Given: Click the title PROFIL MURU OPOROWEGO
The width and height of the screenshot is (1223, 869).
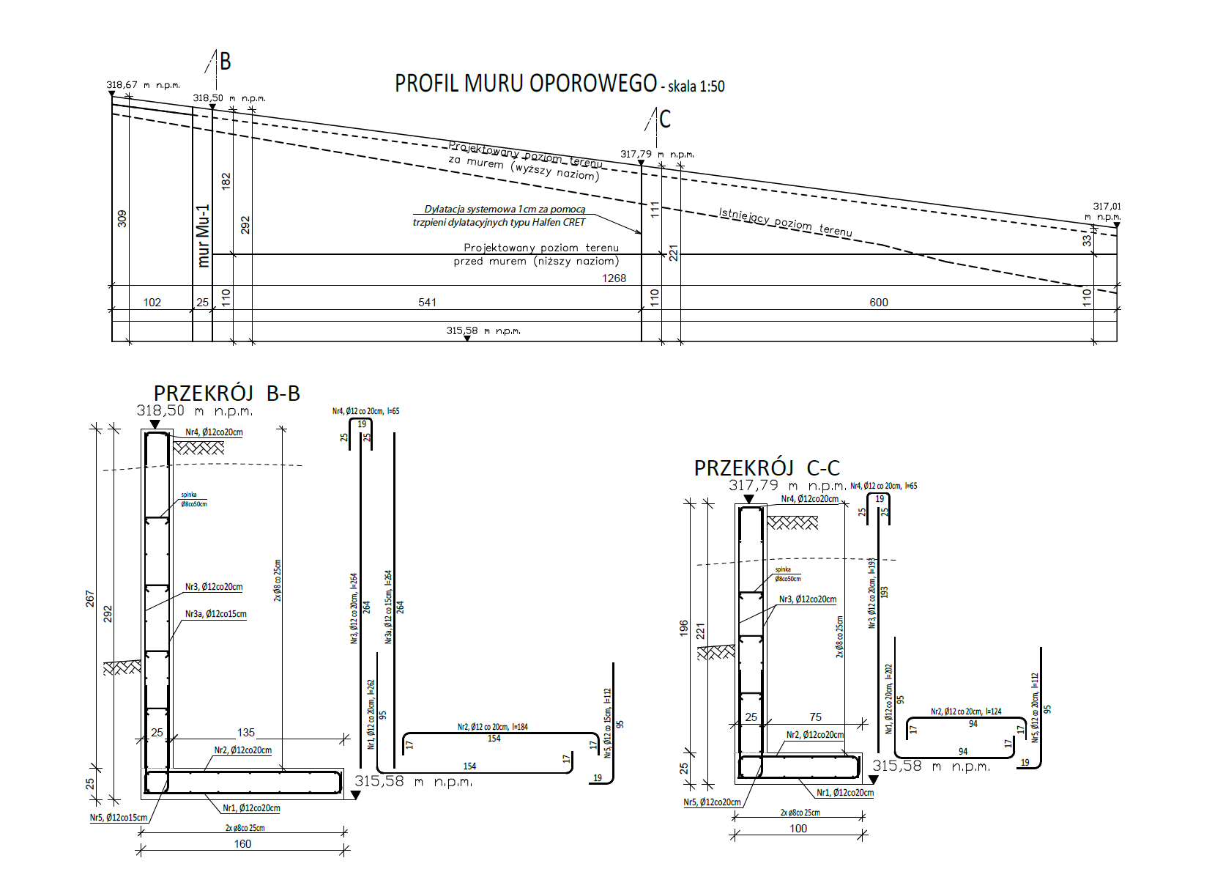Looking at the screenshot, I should point(525,84).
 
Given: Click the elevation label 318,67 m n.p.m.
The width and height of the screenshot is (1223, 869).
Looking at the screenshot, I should point(143,85).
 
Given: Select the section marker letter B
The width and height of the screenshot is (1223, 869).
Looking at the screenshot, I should point(226,62).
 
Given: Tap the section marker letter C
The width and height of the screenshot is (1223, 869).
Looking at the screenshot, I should point(665,119).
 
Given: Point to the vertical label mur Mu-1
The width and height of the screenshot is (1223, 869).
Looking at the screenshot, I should point(204,235).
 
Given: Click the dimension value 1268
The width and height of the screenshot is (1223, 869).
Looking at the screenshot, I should point(614,278).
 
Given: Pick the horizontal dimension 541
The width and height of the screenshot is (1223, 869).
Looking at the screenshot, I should point(427,303).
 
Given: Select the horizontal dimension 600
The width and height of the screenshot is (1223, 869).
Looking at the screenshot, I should point(879,303).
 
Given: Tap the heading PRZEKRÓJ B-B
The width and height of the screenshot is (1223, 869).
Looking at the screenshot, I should point(227,394).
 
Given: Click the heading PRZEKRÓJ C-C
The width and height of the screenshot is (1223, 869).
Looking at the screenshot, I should point(767,468).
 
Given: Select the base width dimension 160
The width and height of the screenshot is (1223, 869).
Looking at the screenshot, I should point(242,844).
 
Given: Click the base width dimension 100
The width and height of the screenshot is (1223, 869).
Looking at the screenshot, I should point(798,829).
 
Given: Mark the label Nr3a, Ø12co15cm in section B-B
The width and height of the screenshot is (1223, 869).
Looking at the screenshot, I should point(215,614).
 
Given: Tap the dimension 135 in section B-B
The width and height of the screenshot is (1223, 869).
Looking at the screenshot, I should point(246,733).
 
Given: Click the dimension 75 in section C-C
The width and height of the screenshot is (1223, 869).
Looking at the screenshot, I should point(816,717).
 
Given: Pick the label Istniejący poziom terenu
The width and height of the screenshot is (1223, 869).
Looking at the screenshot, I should point(785,222).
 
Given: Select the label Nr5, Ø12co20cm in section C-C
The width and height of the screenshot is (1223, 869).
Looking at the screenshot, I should point(712,802).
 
